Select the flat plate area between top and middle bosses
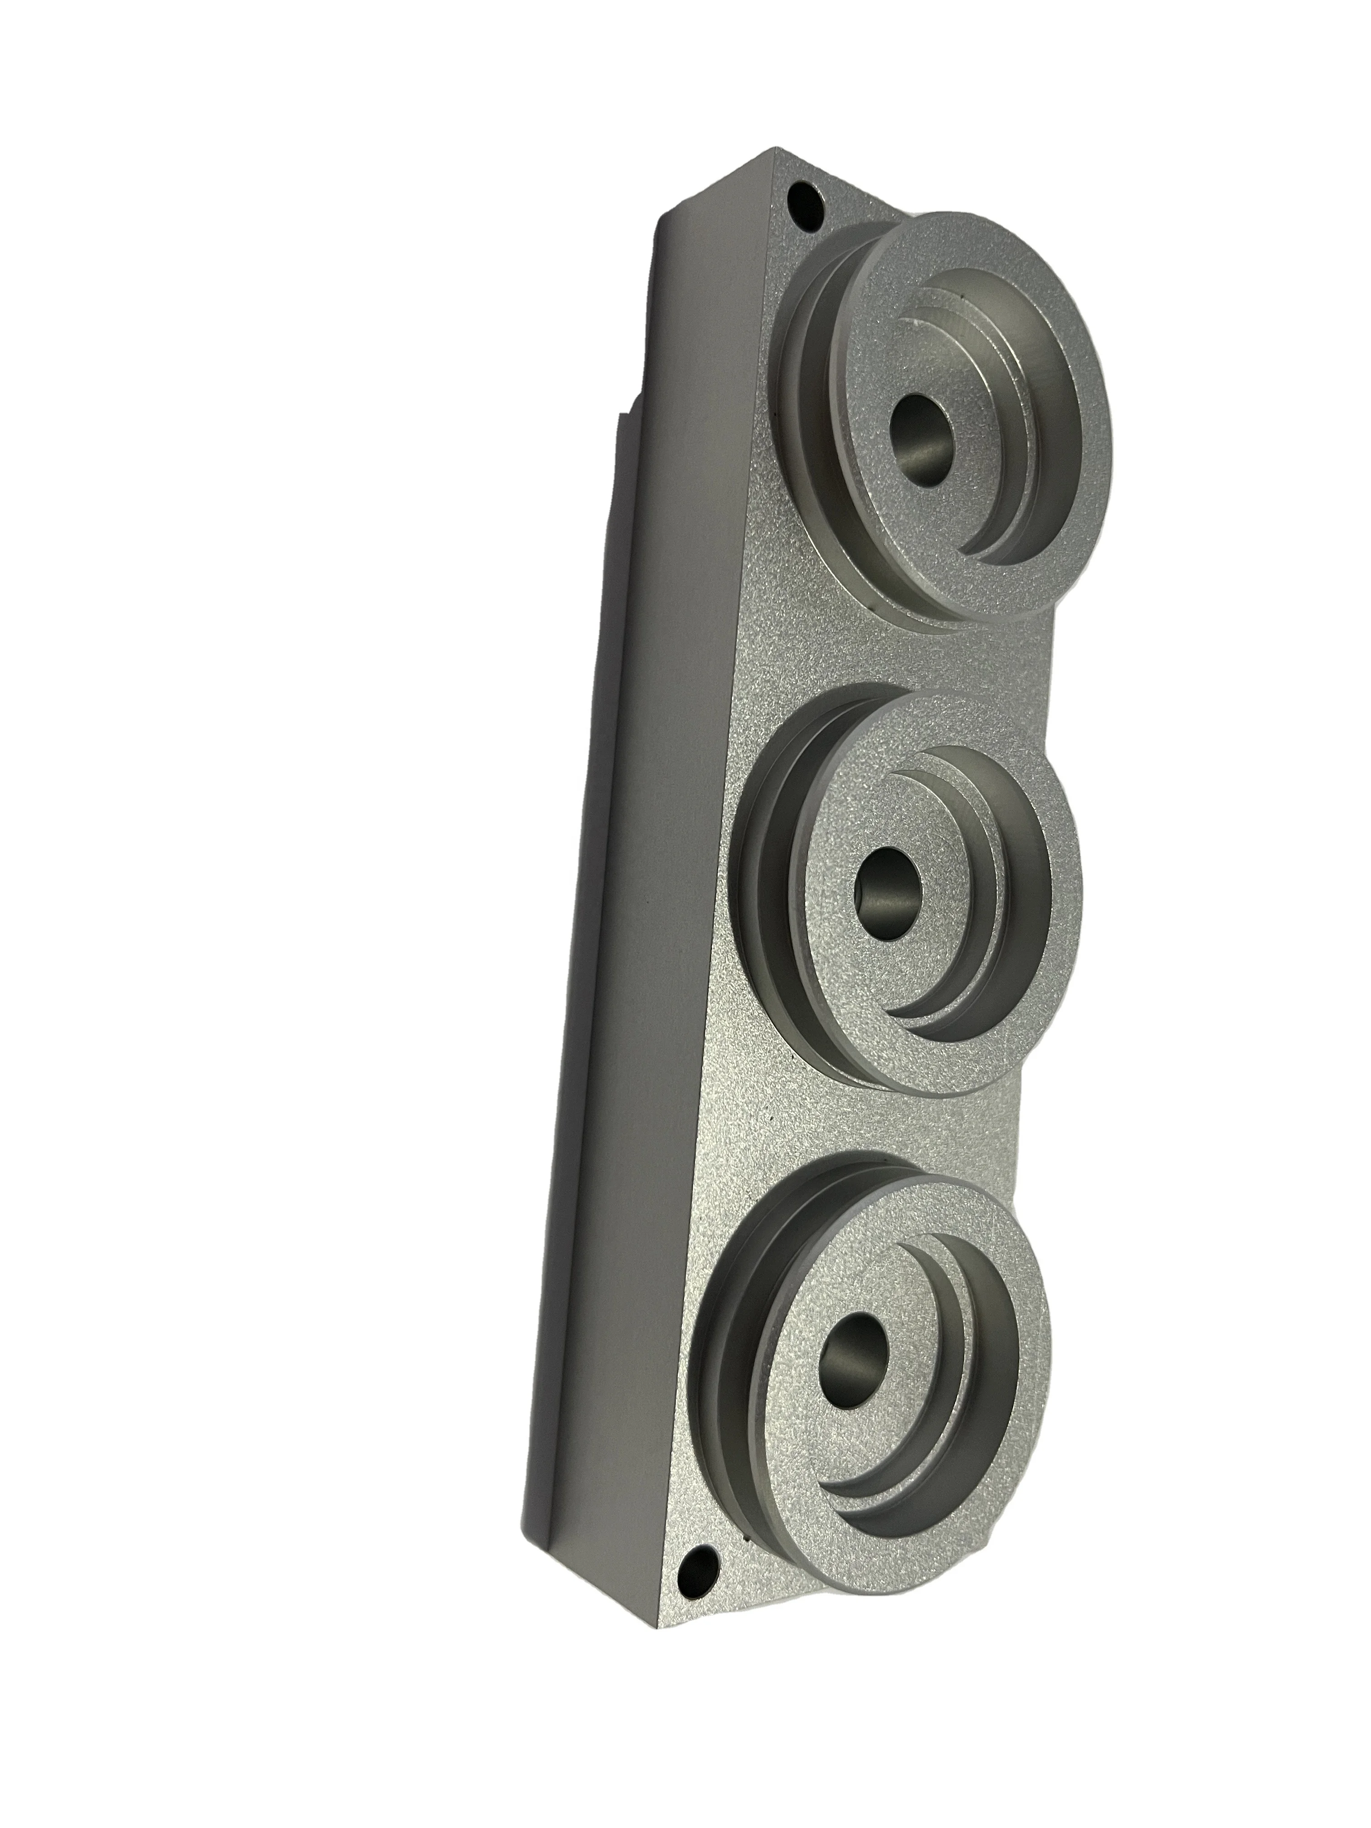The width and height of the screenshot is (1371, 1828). coord(826,661)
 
